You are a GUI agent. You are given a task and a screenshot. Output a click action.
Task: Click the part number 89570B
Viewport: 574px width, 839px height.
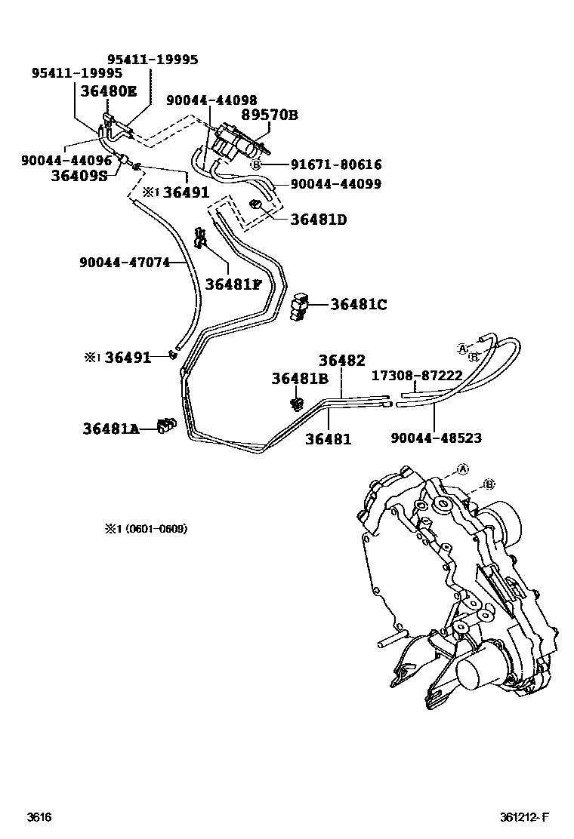[270, 115]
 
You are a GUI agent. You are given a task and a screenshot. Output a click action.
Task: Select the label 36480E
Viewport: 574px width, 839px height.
[110, 91]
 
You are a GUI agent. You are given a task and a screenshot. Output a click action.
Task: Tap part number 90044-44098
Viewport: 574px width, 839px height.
[211, 100]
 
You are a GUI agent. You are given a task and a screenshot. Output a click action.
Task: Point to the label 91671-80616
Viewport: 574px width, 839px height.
[335, 164]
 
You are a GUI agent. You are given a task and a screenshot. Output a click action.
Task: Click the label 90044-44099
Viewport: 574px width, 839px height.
[335, 184]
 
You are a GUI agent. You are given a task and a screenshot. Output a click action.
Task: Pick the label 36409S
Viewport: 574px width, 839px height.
[79, 176]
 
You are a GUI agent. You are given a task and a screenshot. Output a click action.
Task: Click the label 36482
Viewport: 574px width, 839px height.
[341, 361]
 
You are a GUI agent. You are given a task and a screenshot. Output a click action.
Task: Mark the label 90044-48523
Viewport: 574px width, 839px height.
[436, 438]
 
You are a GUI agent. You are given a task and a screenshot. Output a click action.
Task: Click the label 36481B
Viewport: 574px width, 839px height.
[300, 380]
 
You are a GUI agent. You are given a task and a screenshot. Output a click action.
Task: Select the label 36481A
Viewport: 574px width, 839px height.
[111, 429]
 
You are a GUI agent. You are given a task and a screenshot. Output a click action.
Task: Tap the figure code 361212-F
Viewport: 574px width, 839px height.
[523, 817]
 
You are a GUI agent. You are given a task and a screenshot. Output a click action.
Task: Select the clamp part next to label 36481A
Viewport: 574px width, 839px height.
[165, 426]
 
